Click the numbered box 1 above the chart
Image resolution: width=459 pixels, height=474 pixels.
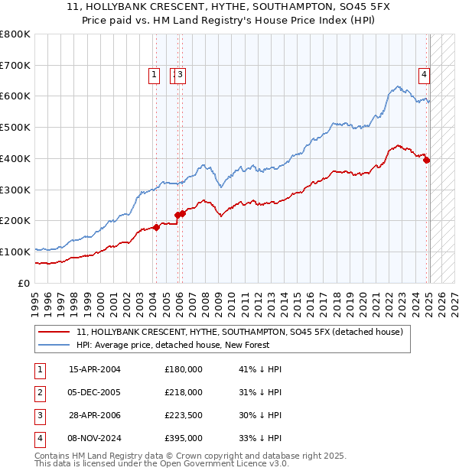coord(154,74)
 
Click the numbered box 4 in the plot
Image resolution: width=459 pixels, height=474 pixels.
coord(423,74)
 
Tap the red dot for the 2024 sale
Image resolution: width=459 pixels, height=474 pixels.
coord(427,160)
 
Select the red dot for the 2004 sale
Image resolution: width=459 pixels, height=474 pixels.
coord(156,226)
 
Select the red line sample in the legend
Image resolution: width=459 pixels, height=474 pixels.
coord(54,332)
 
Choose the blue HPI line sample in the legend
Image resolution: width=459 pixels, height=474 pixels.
coord(54,345)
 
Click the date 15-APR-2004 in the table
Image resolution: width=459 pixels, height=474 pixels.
coord(95,369)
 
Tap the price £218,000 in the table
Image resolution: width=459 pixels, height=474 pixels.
coord(184,392)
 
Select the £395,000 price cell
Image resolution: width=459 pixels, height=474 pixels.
coord(184,438)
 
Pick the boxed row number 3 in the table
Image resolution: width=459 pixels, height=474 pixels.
coord(39,415)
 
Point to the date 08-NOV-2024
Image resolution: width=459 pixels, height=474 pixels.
coord(95,438)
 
